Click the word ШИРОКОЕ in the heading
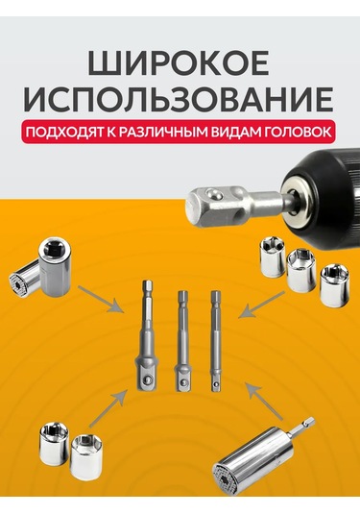[179, 63]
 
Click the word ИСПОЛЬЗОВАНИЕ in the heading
[179, 99]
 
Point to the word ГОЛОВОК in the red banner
[300, 132]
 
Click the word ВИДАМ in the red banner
[236, 133]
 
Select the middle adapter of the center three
[182, 341]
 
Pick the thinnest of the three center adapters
[216, 341]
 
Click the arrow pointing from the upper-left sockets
[102, 299]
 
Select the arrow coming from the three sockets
[261, 305]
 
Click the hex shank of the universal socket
[301, 428]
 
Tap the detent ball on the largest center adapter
[147, 380]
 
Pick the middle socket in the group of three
[301, 270]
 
